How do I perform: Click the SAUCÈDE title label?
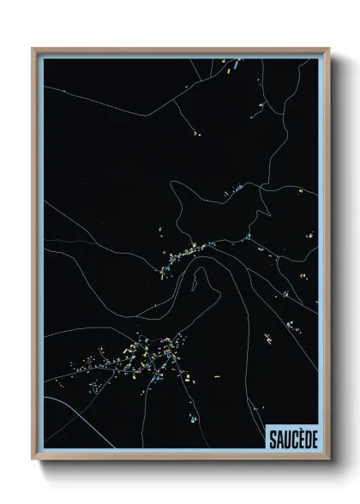pyautogui.click(x=292, y=437)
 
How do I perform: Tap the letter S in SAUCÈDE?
pyautogui.click(x=273, y=437)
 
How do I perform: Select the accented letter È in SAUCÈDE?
pyautogui.click(x=297, y=437)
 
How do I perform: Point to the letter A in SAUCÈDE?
pyautogui.click(x=279, y=437)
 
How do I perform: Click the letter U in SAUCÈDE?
pyautogui.click(x=285, y=437)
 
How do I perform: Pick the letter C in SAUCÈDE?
pyautogui.click(x=291, y=437)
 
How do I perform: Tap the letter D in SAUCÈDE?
pyautogui.click(x=304, y=437)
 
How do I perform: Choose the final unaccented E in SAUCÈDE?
pyautogui.click(x=311, y=437)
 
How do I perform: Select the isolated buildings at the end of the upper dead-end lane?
pyautogui.click(x=195, y=134)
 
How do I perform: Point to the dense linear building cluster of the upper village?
pyautogui.click(x=184, y=253)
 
